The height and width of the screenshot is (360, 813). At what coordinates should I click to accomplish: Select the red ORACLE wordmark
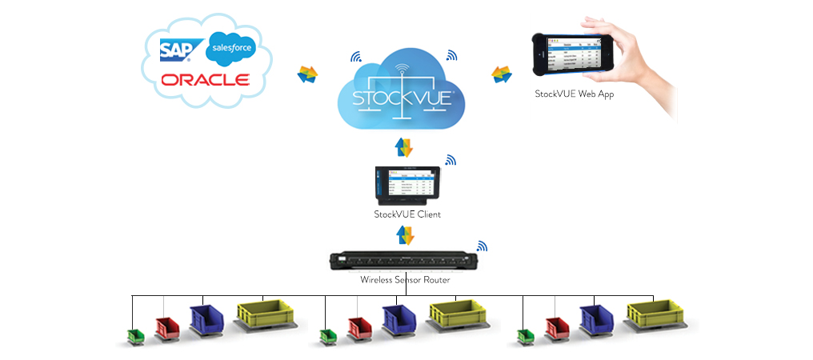[205, 80]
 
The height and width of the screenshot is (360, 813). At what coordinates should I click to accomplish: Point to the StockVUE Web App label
[575, 94]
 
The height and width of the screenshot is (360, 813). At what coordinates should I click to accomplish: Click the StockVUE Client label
[407, 214]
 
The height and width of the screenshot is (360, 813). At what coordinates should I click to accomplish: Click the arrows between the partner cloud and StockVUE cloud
[307, 74]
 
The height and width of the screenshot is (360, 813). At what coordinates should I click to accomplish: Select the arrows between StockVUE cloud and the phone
[502, 74]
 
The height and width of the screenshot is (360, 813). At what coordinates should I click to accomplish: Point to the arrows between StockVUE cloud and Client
[406, 147]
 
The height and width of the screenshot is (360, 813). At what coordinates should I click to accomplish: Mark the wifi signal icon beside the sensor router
[482, 246]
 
